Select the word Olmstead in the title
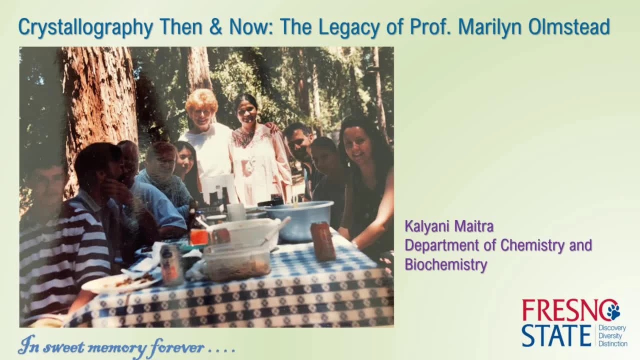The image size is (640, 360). pyautogui.click(x=569, y=26)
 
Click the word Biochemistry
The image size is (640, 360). pyautogui.click(x=446, y=264)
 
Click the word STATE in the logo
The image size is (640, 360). pyautogui.click(x=556, y=335)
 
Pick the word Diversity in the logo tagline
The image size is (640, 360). pyautogui.click(x=610, y=335)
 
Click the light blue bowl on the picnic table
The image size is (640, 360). pyautogui.click(x=299, y=220)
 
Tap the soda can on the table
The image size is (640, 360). pyautogui.click(x=171, y=264)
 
